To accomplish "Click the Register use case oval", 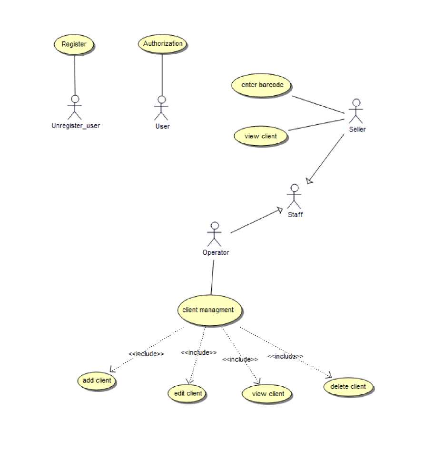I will tap(74, 44).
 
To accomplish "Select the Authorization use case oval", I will tap(163, 44).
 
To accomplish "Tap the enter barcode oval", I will tap(262, 85).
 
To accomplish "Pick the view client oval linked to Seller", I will tap(261, 136).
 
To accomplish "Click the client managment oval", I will tap(208, 310).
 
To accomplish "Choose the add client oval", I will tap(97, 381).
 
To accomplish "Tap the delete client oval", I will tap(348, 387).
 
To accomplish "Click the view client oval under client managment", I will tap(267, 394).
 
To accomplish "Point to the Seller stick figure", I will tap(355, 110).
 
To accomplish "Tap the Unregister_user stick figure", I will tap(75, 108).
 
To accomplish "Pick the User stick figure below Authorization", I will tap(162, 109).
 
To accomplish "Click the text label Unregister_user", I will tap(76, 126).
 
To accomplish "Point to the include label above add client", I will tap(147, 354).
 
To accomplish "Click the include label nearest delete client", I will tap(285, 356).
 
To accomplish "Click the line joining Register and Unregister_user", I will tap(75, 74).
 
